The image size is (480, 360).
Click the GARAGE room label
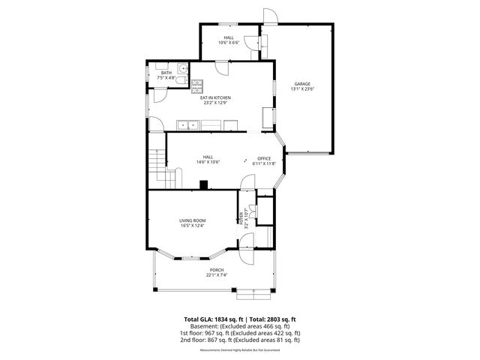pyautogui.click(x=302, y=83)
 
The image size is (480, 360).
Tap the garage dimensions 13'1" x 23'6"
pyautogui.click(x=302, y=89)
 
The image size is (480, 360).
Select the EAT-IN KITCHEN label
pyautogui.click(x=214, y=98)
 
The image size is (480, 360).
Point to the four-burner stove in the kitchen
pyautogui.click(x=197, y=85)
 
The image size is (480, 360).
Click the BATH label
pyautogui.click(x=166, y=72)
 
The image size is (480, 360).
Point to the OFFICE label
pyautogui.click(x=264, y=158)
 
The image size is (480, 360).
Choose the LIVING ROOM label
pyautogui.click(x=193, y=220)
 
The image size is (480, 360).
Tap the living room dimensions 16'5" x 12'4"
pyautogui.click(x=193, y=226)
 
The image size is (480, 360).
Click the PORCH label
pyautogui.click(x=217, y=270)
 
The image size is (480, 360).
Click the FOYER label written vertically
pyautogui.click(x=241, y=218)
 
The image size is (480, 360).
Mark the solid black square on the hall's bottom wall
pyautogui.click(x=204, y=185)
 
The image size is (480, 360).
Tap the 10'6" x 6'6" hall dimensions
pyautogui.click(x=229, y=43)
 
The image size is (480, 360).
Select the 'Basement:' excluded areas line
pyautogui.click(x=239, y=326)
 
